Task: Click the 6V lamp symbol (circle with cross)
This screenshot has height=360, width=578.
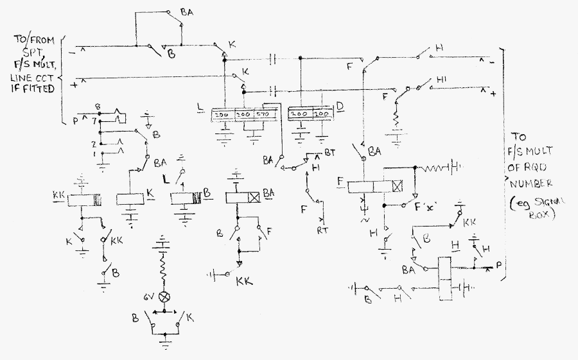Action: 165,296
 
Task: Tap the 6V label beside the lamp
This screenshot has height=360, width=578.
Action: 150,296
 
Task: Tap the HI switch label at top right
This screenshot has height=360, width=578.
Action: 441,80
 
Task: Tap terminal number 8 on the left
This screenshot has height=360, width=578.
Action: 97,106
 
